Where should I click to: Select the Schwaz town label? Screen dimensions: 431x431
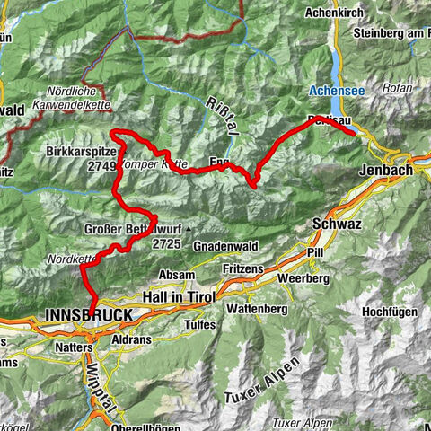coord(333,224)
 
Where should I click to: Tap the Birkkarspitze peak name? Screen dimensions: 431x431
coord(81,153)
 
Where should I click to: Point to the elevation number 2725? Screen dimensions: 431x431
coord(167,243)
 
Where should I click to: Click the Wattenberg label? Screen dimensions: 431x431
coord(255,309)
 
